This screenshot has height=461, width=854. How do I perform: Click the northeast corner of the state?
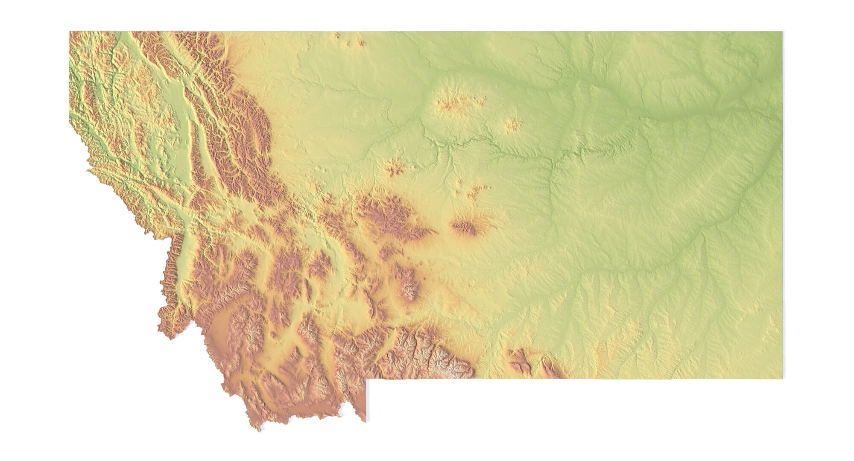pyautogui.click(x=783, y=32)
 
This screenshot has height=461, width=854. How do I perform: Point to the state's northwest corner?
pyautogui.click(x=70, y=32)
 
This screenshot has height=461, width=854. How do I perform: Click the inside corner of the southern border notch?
pyautogui.click(x=366, y=379)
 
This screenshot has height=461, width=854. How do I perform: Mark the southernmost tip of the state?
pyautogui.click(x=259, y=430)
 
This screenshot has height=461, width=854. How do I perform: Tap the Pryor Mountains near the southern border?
pyautogui.click(x=519, y=361)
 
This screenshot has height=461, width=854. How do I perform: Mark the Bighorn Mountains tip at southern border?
pyautogui.click(x=551, y=370)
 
